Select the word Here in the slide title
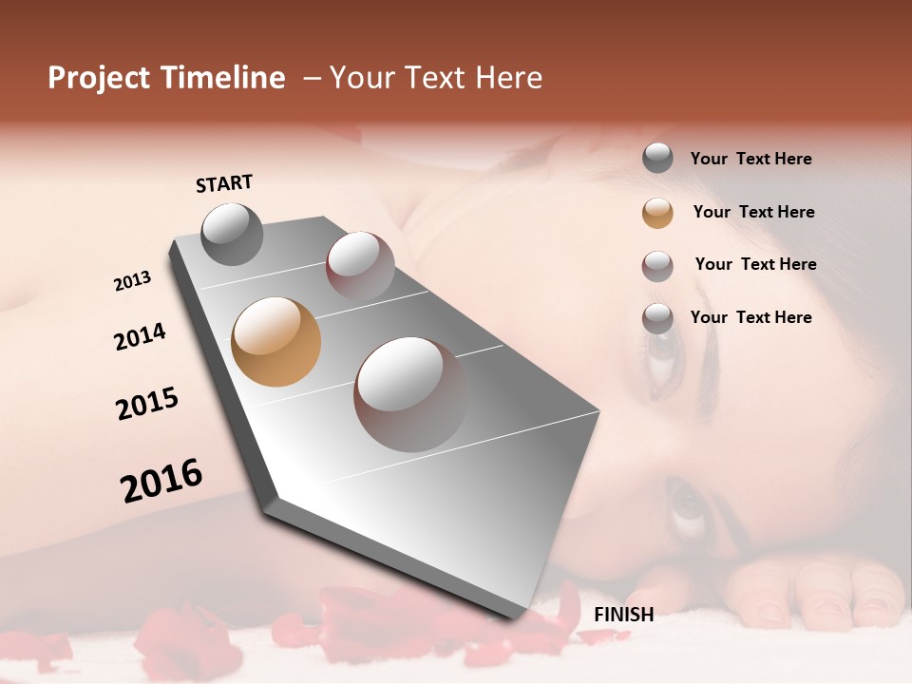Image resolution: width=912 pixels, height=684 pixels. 508,78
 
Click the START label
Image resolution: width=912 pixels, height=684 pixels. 224,183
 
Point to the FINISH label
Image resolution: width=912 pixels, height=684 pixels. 623,615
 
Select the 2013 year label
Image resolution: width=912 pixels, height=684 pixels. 132,281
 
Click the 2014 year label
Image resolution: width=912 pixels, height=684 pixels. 140,336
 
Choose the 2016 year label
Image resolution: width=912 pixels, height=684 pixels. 161,481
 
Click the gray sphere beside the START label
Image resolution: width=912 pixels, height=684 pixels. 232,234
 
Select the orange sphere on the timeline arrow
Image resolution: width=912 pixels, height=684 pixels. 275,342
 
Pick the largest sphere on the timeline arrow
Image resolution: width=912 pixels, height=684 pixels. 410,394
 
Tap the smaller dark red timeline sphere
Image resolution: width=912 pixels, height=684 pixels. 360,265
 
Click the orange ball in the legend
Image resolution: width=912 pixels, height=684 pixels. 657,213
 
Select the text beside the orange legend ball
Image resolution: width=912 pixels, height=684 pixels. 753,212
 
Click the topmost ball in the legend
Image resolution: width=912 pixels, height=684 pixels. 657,158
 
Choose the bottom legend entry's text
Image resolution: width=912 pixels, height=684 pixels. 750,317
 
